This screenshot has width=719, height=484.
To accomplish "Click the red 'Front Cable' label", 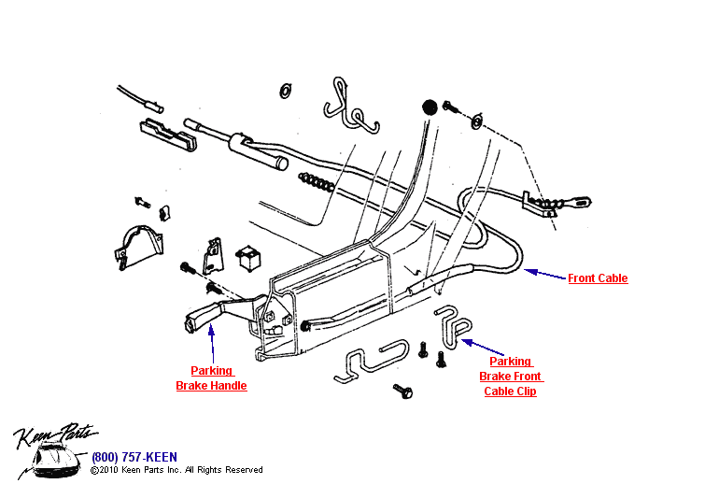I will click(598, 278).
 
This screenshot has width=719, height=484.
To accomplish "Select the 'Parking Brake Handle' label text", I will click(212, 378).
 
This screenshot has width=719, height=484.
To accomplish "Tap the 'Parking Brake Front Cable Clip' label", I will click(510, 377).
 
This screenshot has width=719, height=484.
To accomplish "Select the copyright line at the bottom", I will click(176, 470).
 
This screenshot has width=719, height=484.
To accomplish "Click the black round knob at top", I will click(430, 106).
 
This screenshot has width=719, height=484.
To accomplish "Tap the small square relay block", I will click(249, 256).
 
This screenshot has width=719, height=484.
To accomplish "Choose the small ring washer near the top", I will click(285, 91).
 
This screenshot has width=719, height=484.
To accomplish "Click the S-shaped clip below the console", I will click(373, 360).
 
